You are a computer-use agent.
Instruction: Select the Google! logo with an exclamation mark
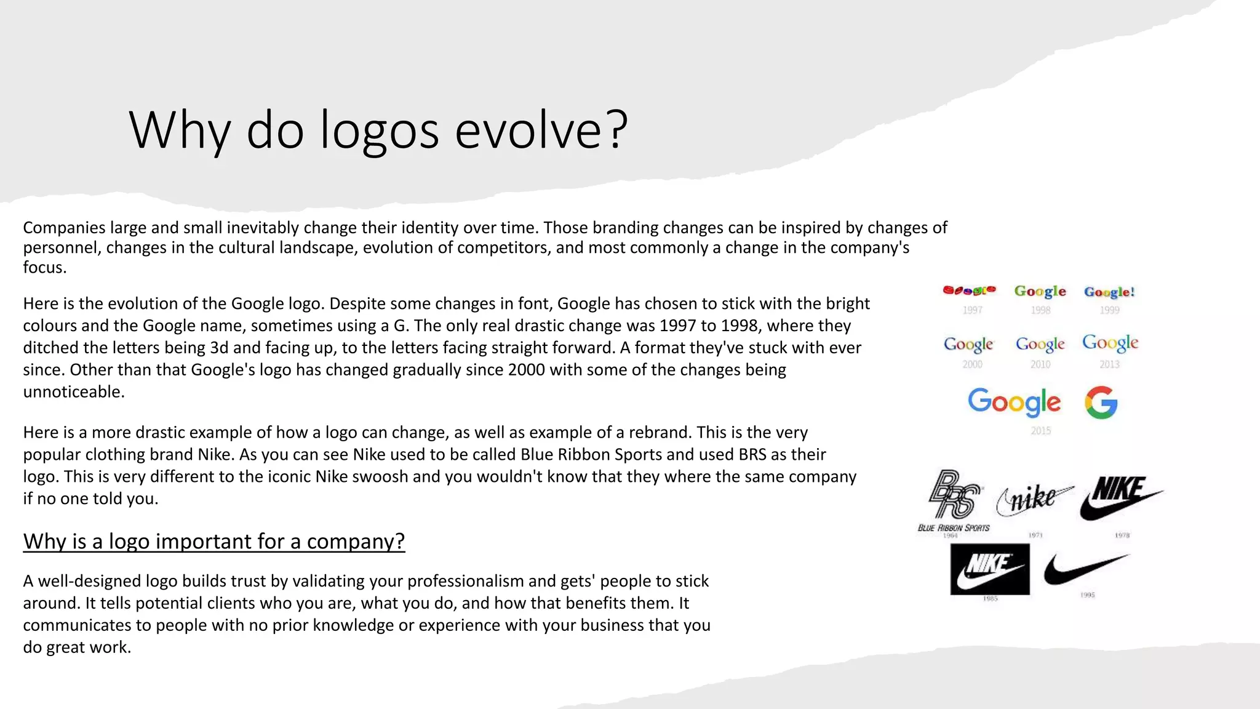(1109, 292)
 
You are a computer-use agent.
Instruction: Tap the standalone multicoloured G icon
(1101, 403)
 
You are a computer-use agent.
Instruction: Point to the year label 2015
(1040, 431)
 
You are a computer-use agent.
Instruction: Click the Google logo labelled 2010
(1040, 344)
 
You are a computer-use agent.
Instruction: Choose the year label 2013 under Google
(1109, 364)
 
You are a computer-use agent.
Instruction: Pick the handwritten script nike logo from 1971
(1034, 499)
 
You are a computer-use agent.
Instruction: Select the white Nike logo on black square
(989, 569)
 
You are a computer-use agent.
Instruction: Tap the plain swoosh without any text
(1085, 569)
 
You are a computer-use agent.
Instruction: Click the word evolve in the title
(541, 130)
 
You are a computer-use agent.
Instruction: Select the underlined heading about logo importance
(214, 541)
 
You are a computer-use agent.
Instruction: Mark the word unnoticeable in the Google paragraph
(73, 391)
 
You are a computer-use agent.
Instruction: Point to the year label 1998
(1040, 310)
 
